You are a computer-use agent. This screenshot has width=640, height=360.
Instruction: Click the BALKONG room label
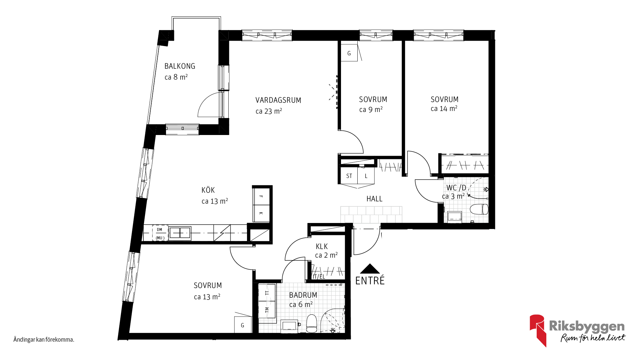[180, 66]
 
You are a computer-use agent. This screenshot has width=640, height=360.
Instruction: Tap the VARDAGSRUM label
[278, 100]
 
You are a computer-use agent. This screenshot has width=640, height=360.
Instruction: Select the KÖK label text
[208, 190]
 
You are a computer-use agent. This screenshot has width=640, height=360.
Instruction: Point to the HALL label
[374, 199]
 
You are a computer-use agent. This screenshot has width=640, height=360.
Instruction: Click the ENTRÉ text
[370, 281]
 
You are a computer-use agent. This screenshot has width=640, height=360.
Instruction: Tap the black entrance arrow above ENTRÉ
[370, 269]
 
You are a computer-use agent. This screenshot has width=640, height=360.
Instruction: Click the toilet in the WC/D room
[479, 209]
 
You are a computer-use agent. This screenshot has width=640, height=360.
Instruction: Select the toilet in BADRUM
[312, 323]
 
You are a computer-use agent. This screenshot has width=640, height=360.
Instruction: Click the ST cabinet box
[349, 176]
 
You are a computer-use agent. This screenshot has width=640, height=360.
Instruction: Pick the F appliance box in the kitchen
[262, 197]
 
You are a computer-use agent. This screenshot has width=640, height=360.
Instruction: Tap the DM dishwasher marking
[160, 230]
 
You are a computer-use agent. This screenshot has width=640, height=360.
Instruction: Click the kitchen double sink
[180, 233]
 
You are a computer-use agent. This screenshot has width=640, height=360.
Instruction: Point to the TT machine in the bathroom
[267, 293]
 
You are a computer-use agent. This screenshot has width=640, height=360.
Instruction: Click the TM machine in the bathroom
[267, 310]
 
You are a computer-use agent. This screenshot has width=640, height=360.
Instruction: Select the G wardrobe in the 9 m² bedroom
[349, 53]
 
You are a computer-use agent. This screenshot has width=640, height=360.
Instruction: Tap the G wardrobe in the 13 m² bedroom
[243, 325]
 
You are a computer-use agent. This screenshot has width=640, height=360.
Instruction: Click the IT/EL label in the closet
[319, 277]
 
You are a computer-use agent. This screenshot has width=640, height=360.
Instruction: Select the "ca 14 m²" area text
[444, 109]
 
